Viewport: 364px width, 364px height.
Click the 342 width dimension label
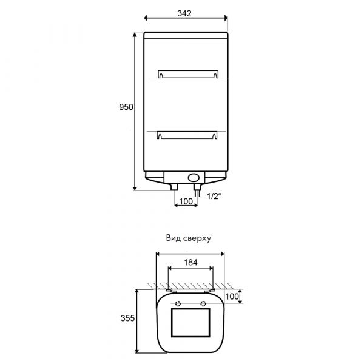(184, 14)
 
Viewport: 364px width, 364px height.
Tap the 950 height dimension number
(126, 107)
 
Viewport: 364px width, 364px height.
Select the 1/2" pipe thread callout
(214, 197)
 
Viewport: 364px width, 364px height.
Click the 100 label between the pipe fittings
(186, 201)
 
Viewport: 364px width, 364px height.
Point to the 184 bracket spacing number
(190, 262)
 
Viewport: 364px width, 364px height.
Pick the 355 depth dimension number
(127, 318)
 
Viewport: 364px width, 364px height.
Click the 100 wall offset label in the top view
(232, 297)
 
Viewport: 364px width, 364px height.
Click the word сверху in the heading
(197, 238)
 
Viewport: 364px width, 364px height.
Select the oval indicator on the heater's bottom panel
(194, 178)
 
